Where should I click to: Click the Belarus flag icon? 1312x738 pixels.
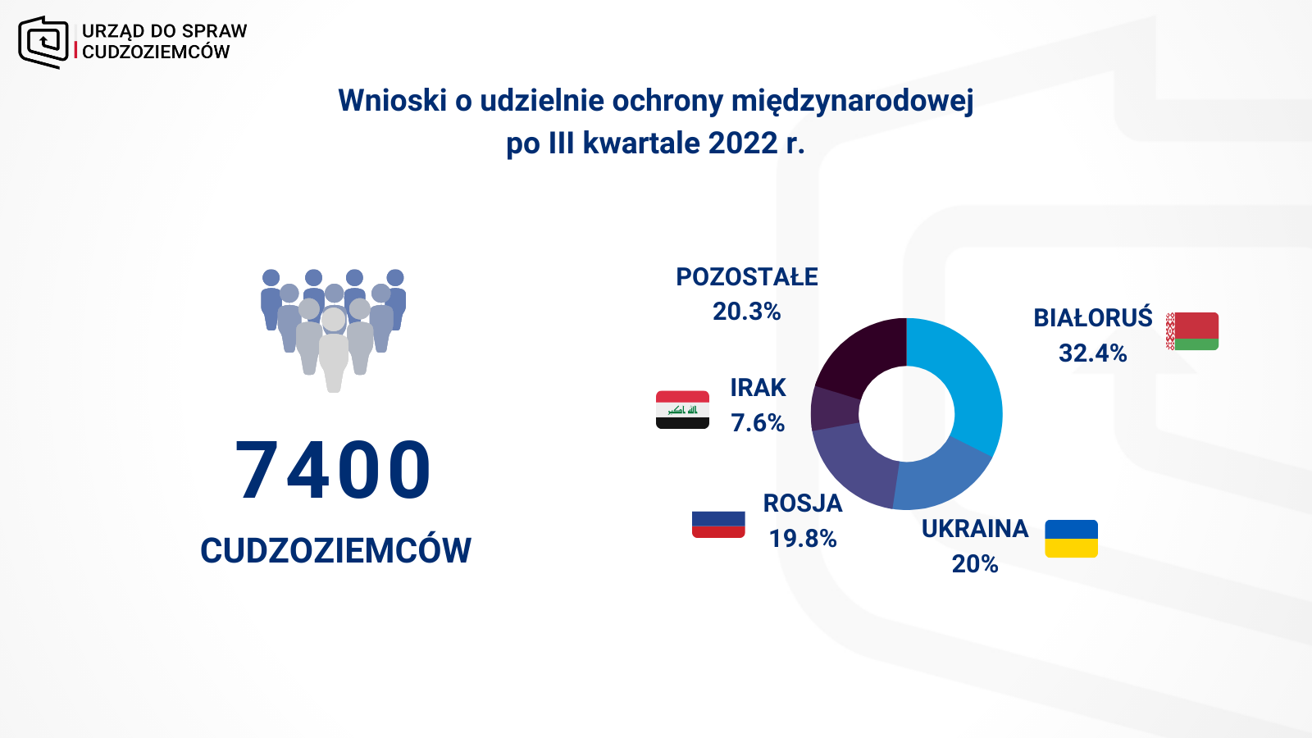click(1192, 331)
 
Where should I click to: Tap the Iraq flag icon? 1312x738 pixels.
click(682, 409)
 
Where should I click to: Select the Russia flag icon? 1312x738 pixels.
click(718, 524)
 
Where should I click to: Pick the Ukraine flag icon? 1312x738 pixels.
click(1071, 538)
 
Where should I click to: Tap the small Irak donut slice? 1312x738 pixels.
click(833, 410)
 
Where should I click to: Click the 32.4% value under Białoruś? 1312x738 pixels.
click(1092, 353)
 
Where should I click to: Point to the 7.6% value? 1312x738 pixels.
click(758, 423)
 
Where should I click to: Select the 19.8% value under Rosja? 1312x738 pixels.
click(803, 538)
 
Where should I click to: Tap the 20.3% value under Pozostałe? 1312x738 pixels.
click(746, 312)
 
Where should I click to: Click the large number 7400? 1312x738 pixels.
click(333, 470)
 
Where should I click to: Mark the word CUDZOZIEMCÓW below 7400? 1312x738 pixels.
click(335, 550)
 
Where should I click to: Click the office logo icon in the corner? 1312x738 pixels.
click(43, 42)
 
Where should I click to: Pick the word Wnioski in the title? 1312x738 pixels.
click(393, 100)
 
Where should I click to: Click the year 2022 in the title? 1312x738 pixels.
click(743, 143)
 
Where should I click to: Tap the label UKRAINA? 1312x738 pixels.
click(975, 529)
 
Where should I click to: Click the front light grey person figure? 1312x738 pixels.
click(333, 352)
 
